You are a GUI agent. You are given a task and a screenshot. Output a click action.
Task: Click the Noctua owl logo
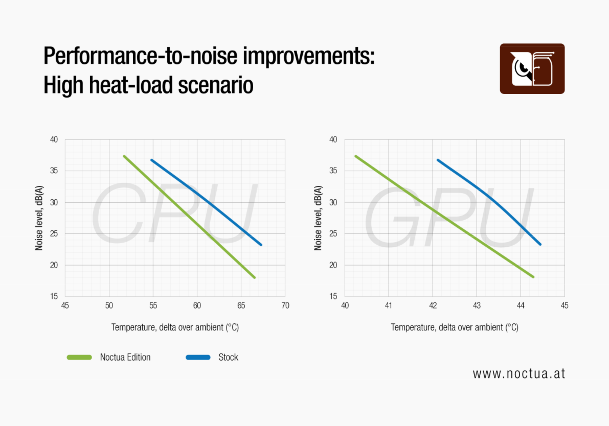coord(532,69)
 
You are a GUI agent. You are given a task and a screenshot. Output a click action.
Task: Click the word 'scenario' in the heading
coord(215,85)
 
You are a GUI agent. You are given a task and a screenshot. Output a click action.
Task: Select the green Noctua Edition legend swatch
coord(79,357)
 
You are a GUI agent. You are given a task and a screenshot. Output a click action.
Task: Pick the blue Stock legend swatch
coord(198,357)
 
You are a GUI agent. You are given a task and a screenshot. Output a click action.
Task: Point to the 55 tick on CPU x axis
coord(153,306)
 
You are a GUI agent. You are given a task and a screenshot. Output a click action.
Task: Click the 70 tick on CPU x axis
coord(285,306)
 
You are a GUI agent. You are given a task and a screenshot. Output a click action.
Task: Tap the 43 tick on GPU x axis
coord(477,306)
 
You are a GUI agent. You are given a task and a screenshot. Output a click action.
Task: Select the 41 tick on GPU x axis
coord(389,306)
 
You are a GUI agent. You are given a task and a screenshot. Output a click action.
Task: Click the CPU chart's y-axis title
coord(39,218)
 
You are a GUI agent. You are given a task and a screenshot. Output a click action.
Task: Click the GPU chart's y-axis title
coord(318,218)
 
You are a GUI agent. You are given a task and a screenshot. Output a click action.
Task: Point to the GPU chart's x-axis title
coord(454,327)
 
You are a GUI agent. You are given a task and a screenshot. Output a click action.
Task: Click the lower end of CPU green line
coord(254,277)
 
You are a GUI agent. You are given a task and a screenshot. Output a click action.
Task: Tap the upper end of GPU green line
coord(356,156)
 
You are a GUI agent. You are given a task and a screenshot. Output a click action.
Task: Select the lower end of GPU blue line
coord(540,244)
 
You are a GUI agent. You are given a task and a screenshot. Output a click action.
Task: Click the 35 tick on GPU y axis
coord(333,171)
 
